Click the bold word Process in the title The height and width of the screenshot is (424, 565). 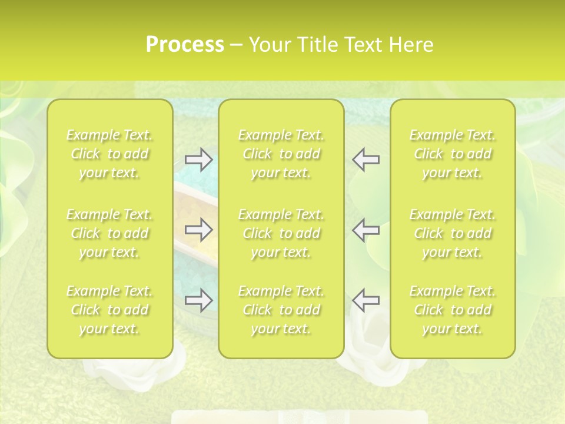pyautogui.click(x=185, y=45)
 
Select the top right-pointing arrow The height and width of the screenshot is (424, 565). pyautogui.click(x=199, y=160)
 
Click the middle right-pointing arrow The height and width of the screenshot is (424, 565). pyautogui.click(x=199, y=230)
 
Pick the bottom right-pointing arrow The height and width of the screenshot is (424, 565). pyautogui.click(x=199, y=300)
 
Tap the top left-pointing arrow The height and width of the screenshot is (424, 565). pyautogui.click(x=365, y=160)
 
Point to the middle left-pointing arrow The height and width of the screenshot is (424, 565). pyautogui.click(x=365, y=230)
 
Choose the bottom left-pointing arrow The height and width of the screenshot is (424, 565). pyautogui.click(x=365, y=300)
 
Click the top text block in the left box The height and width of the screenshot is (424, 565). pyautogui.click(x=109, y=154)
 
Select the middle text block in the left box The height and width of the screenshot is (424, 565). pyautogui.click(x=109, y=233)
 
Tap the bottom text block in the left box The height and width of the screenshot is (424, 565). pyautogui.click(x=109, y=310)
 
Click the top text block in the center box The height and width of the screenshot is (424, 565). pyautogui.click(x=281, y=154)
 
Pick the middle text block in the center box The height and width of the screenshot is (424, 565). pyautogui.click(x=281, y=233)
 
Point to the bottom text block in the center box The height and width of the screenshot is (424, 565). pyautogui.click(x=281, y=310)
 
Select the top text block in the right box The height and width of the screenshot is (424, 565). pyautogui.click(x=453, y=154)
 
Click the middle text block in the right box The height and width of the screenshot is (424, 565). pyautogui.click(x=453, y=233)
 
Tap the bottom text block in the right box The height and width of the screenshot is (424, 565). pyautogui.click(x=453, y=310)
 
